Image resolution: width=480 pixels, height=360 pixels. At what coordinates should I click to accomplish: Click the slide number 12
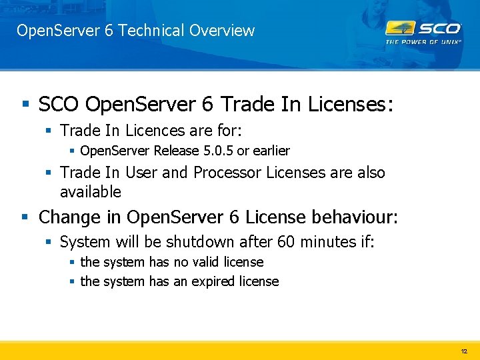(464, 351)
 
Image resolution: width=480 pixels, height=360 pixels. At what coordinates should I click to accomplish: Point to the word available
(91, 192)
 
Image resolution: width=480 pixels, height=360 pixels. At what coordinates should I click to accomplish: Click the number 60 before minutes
(261, 241)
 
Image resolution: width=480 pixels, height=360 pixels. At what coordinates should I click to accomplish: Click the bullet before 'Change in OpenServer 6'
(25, 217)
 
